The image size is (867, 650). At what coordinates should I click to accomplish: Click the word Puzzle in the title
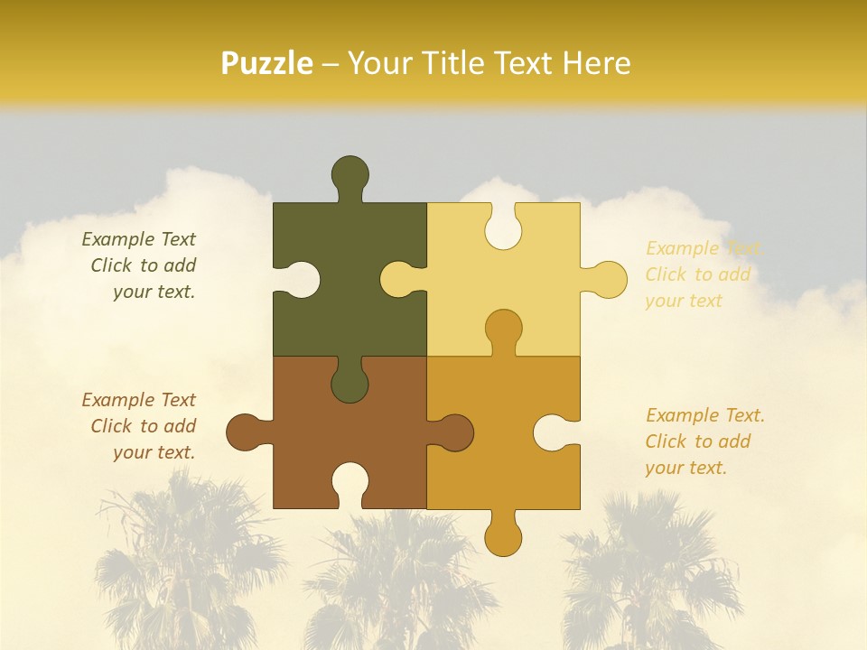tap(267, 63)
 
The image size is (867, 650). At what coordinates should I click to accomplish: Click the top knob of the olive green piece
tap(350, 173)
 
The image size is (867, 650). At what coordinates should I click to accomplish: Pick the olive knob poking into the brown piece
tap(350, 385)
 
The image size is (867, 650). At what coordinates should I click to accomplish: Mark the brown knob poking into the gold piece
tap(455, 432)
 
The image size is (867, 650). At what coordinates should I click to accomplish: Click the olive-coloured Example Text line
tap(138, 239)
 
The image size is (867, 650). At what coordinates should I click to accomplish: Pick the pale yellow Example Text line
tap(704, 248)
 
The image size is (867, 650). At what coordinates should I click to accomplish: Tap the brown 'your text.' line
tap(154, 452)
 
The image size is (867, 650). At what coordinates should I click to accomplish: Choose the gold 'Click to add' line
tap(697, 441)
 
